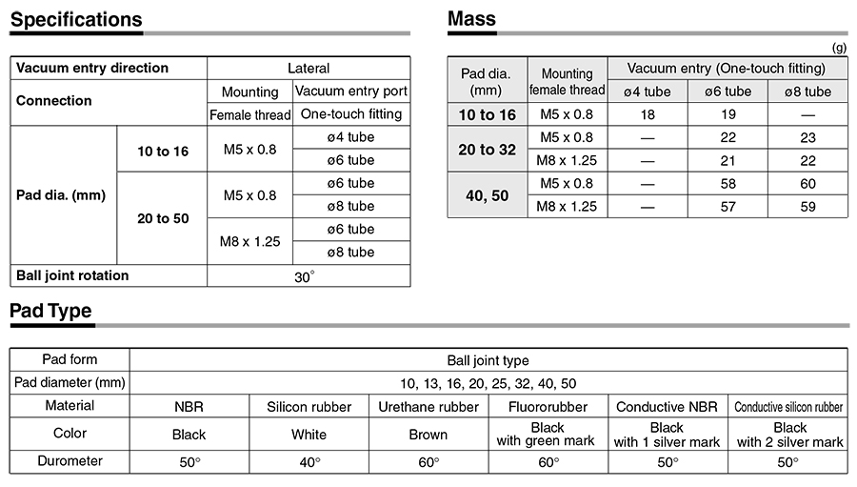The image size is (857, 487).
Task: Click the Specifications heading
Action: (x=76, y=19)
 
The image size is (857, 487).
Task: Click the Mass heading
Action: (x=471, y=19)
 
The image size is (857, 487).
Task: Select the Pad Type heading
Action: (x=50, y=311)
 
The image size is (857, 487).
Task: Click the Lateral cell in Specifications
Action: (x=309, y=69)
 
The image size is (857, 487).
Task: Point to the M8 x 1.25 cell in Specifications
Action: (x=250, y=241)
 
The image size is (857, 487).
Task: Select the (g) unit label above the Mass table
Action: (x=839, y=48)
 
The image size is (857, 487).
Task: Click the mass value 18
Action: (x=648, y=114)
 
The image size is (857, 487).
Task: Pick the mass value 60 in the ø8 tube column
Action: (x=807, y=183)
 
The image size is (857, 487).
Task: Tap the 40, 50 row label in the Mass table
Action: (x=487, y=194)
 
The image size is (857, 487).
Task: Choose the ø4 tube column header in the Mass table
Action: (x=648, y=91)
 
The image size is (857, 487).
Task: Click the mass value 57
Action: (x=727, y=206)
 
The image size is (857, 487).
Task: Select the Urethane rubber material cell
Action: (x=428, y=407)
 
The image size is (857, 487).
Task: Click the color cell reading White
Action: (x=309, y=435)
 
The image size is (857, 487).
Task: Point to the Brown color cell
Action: (x=428, y=435)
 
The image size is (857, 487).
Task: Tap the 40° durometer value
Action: (x=309, y=462)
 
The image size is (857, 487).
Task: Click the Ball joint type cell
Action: (x=488, y=360)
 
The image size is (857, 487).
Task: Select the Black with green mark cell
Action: (x=548, y=435)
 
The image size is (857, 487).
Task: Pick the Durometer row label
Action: (x=70, y=461)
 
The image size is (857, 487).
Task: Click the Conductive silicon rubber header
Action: (x=788, y=407)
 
